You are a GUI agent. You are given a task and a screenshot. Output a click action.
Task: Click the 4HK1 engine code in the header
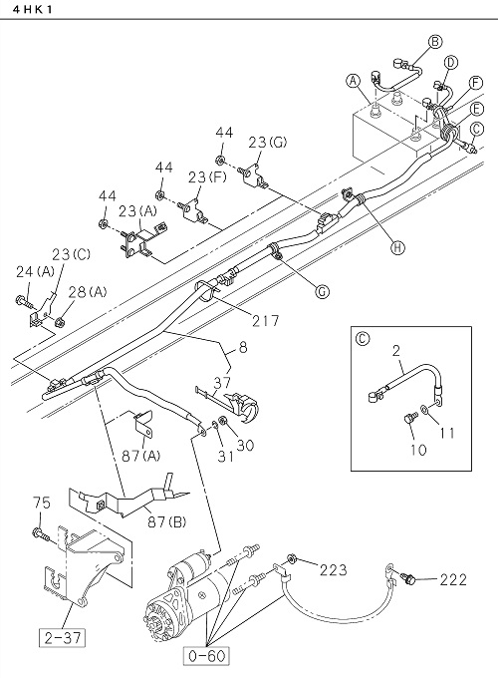33,10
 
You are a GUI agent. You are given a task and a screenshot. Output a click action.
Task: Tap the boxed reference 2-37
63,637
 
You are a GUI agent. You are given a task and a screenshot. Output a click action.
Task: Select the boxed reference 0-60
207,655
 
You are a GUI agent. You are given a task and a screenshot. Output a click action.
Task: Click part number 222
453,579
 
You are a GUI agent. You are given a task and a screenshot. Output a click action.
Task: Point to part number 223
333,569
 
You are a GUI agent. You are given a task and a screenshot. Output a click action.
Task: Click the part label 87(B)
165,521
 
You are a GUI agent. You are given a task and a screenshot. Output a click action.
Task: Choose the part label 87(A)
140,456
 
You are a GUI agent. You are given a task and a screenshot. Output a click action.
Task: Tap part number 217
266,320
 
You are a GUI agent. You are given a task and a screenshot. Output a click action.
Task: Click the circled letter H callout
397,247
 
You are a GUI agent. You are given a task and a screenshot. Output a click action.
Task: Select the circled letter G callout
322,292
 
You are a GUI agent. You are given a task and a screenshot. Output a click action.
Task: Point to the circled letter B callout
435,42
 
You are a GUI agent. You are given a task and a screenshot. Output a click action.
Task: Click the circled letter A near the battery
354,81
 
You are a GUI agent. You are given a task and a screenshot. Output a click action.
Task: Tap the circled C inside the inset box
362,338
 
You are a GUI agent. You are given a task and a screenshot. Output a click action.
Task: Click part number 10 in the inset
418,450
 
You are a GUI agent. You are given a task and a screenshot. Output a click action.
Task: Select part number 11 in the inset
446,433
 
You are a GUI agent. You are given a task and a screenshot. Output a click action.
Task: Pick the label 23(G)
267,143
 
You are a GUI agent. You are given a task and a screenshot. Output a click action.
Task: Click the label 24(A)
36,271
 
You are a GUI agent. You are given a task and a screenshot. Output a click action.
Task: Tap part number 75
42,503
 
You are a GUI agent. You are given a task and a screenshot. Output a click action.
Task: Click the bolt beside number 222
409,577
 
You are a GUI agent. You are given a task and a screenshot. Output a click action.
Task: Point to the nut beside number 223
292,560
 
